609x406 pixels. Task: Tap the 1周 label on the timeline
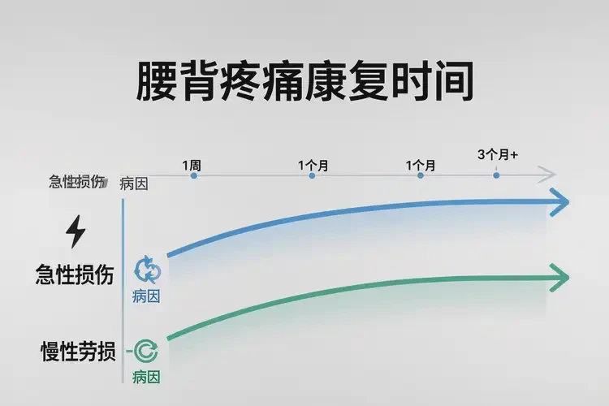pos(192,165)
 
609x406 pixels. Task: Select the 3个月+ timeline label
pos(498,154)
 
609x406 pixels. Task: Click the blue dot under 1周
pos(193,175)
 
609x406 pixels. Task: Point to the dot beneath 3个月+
pos(496,175)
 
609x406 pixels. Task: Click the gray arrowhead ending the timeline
pos(548,175)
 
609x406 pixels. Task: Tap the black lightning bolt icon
pos(76,233)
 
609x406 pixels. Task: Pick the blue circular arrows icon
pos(148,268)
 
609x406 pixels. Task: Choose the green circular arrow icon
pos(147,351)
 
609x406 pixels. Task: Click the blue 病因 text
pos(146,296)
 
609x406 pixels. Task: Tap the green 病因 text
pos(146,377)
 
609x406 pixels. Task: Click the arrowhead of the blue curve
pos(559,202)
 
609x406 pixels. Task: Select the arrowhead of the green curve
pos(559,279)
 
